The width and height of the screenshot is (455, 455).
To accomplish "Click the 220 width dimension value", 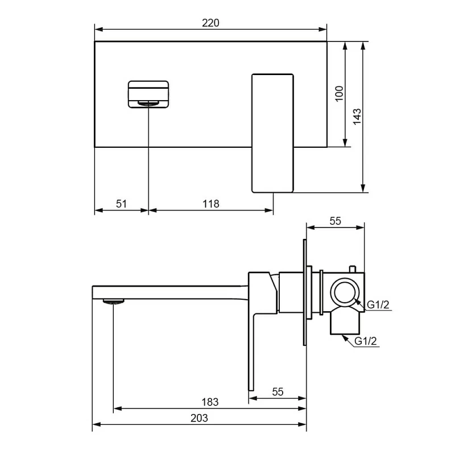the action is click(x=210, y=23).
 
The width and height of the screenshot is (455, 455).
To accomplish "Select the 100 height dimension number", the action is click(x=339, y=94).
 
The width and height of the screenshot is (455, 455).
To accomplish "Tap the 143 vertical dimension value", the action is click(x=357, y=117).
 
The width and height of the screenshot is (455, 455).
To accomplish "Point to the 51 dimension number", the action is click(x=121, y=204).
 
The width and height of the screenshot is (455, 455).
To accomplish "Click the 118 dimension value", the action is click(x=210, y=204).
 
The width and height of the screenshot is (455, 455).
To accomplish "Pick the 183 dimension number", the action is click(x=210, y=402).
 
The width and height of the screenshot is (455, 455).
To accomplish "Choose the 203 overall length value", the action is click(x=199, y=418).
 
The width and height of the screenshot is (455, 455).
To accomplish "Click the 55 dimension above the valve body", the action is click(x=335, y=221).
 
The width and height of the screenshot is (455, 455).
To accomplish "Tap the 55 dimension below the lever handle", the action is click(x=278, y=392).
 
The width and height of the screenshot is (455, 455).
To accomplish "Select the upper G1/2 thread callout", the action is click(x=378, y=305).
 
